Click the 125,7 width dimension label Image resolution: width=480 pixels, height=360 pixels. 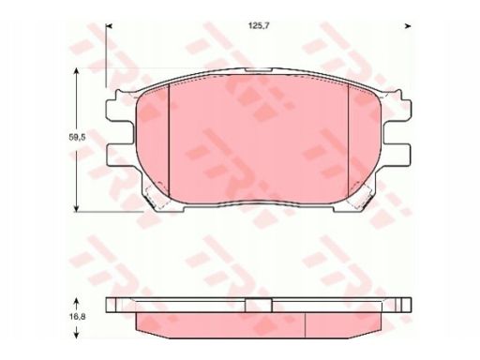coord(259,26)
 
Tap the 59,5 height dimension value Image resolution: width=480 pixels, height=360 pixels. coord(77,137)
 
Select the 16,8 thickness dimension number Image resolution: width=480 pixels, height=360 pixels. coord(77,316)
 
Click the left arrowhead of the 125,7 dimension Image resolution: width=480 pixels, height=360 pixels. coord(109,26)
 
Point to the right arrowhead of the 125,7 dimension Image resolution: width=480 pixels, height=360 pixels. coord(408,26)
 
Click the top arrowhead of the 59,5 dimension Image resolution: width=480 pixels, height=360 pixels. coord(76,72)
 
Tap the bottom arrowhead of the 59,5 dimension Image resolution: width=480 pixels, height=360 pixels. coord(76,208)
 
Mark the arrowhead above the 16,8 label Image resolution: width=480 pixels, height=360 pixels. coord(76,302)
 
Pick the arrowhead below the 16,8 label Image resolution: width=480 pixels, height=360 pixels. coord(76,335)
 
